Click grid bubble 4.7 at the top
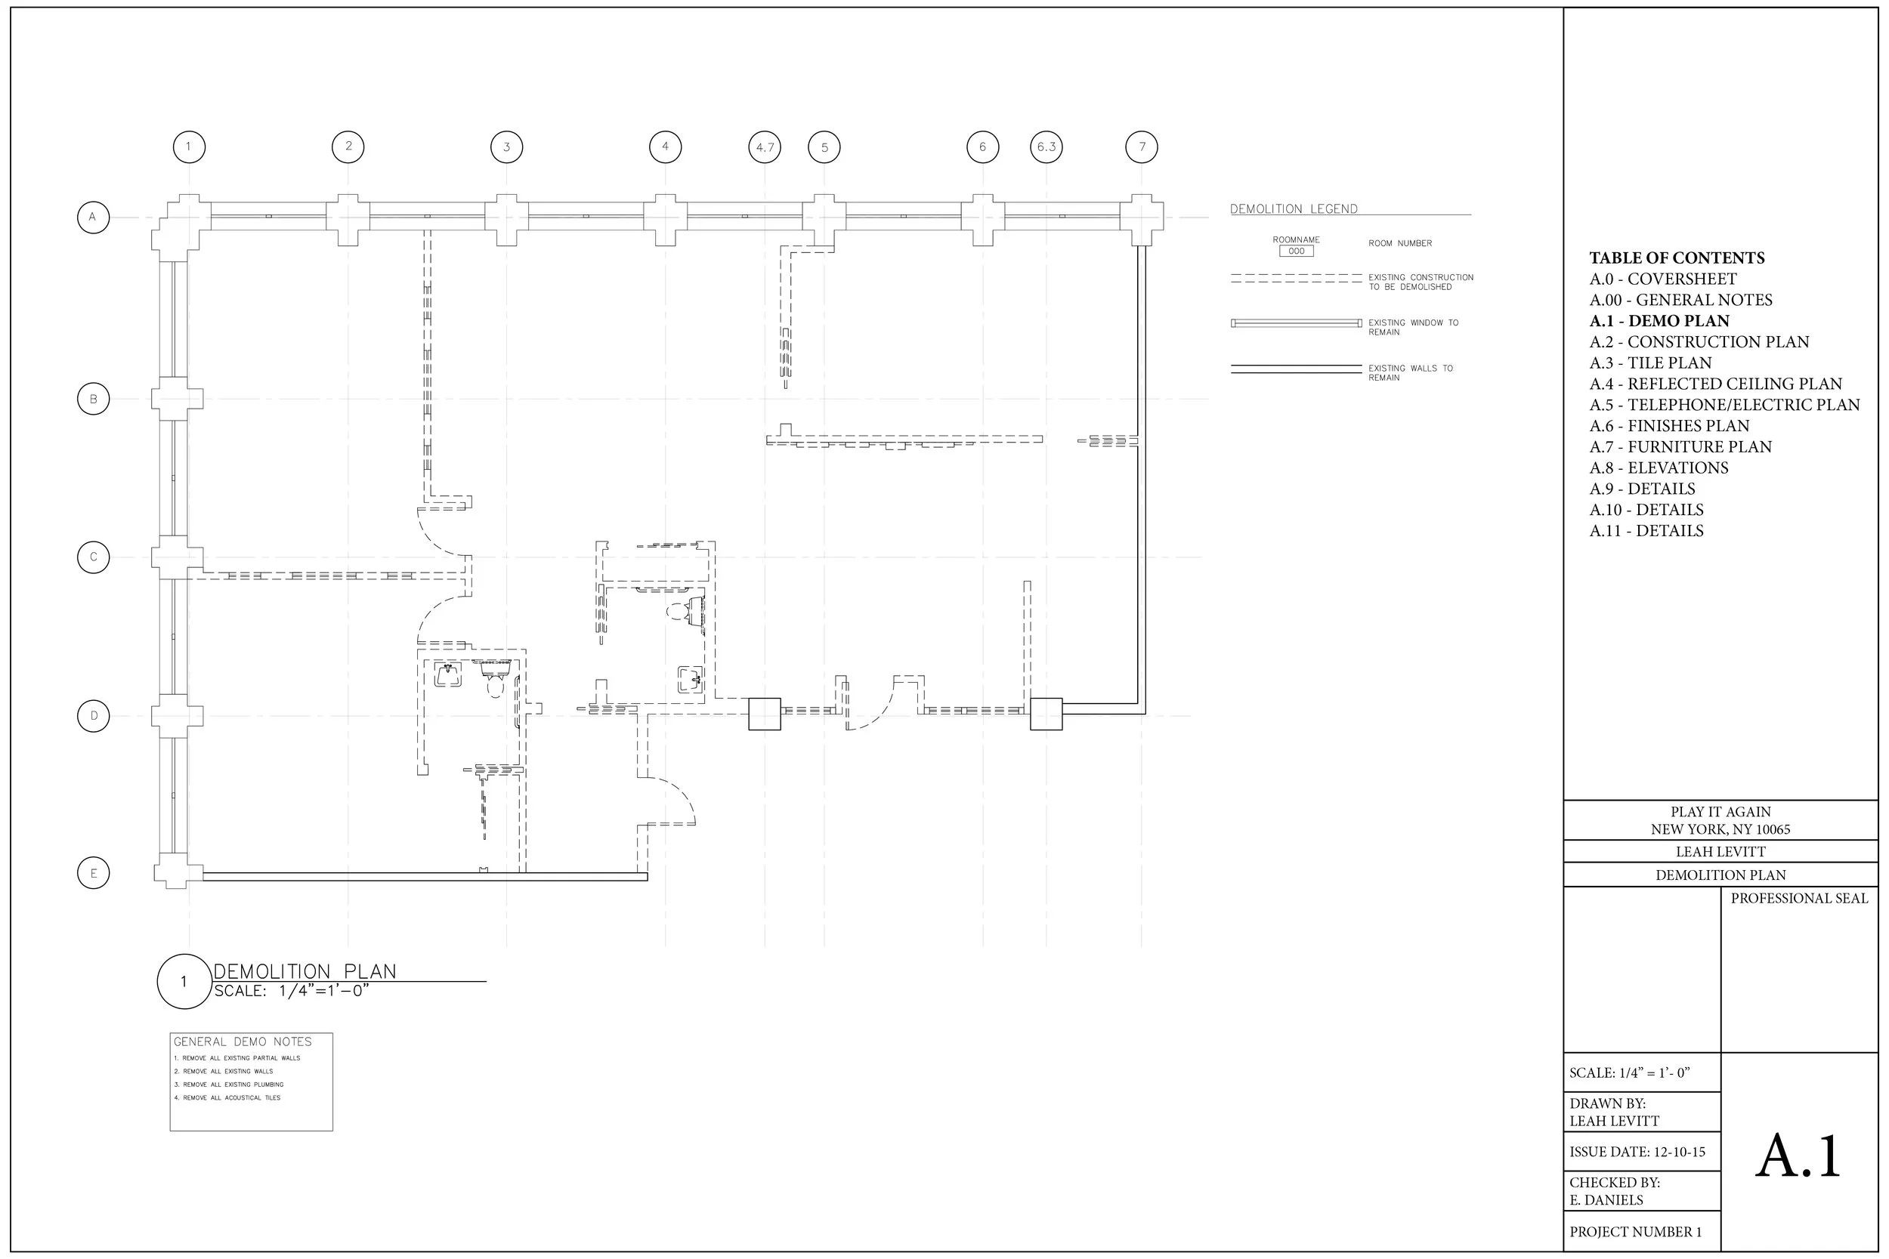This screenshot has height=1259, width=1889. point(764,147)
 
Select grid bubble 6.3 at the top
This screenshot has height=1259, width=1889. point(1046,147)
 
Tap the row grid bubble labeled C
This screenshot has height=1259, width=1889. point(93,557)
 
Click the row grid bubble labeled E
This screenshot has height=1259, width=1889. point(93,873)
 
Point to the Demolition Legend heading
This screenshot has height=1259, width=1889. point(1293,208)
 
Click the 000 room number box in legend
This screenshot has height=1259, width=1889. point(1297,251)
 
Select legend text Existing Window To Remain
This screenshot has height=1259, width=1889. point(1413,327)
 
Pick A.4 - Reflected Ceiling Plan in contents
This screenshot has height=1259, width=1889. point(1714,384)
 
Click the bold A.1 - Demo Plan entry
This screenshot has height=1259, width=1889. point(1659,321)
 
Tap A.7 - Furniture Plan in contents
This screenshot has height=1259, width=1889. point(1680,446)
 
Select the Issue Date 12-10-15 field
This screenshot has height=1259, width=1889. point(1637,1152)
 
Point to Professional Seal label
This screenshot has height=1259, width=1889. point(1798,899)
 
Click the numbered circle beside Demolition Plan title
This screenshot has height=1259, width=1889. point(184,980)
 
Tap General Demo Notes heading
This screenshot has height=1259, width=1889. point(243,1041)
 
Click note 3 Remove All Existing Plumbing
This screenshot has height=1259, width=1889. point(229,1085)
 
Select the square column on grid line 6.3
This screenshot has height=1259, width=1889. point(1046,714)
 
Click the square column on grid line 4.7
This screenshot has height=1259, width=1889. point(764,714)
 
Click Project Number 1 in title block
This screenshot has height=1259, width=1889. point(1635,1232)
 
